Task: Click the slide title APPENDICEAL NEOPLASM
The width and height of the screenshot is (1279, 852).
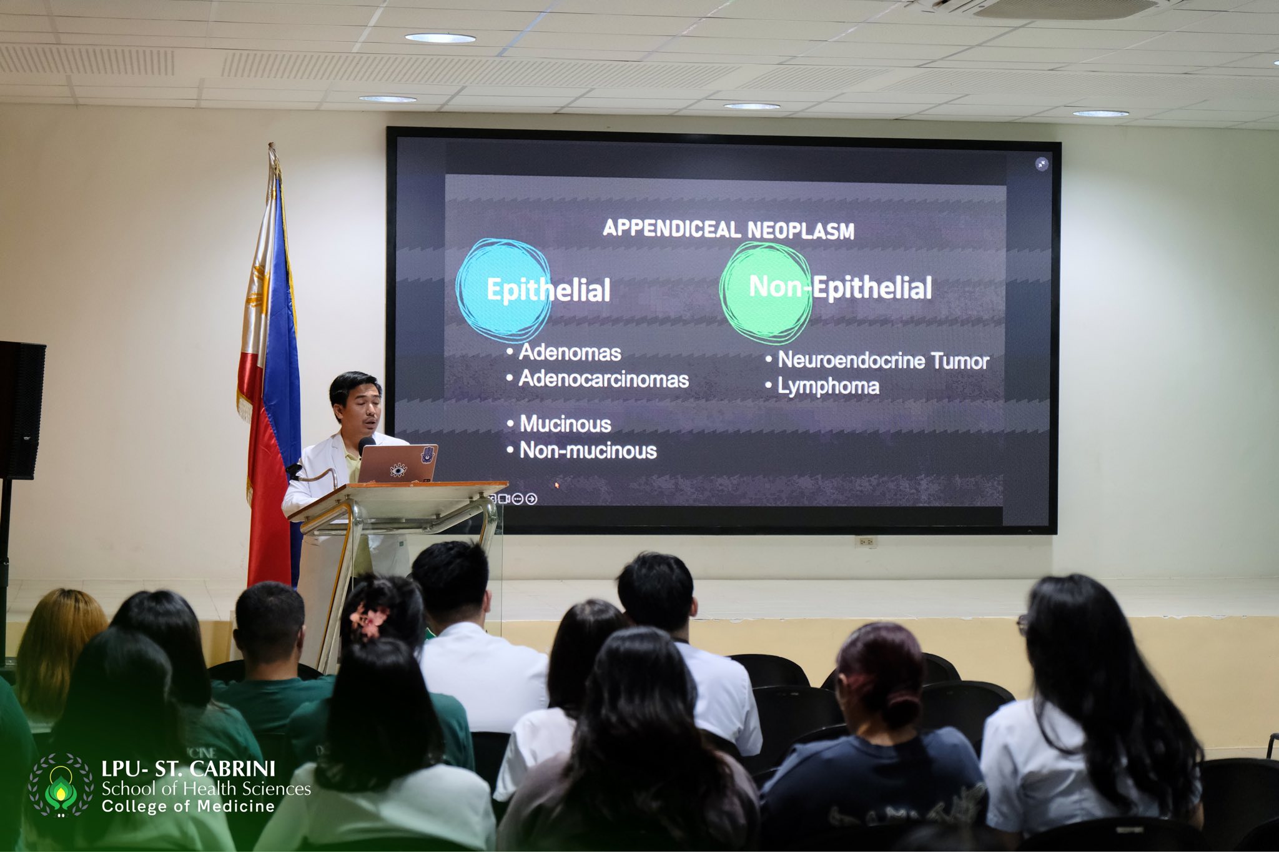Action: [728, 229]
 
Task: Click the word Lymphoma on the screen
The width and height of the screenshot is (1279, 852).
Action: [828, 387]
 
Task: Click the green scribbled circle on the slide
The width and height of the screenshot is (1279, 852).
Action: [766, 292]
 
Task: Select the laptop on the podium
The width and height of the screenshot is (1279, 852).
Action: [398, 463]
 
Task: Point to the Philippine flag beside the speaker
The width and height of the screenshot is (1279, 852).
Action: [269, 369]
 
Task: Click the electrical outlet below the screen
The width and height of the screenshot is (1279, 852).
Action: [866, 542]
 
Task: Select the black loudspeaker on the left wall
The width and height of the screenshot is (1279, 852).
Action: [21, 410]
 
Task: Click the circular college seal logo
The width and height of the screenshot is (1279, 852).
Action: [61, 785]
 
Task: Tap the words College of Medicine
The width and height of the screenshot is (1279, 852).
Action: [188, 806]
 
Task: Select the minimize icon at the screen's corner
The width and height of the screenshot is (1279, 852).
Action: [1041, 164]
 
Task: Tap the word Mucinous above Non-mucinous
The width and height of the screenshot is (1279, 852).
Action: [565, 424]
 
